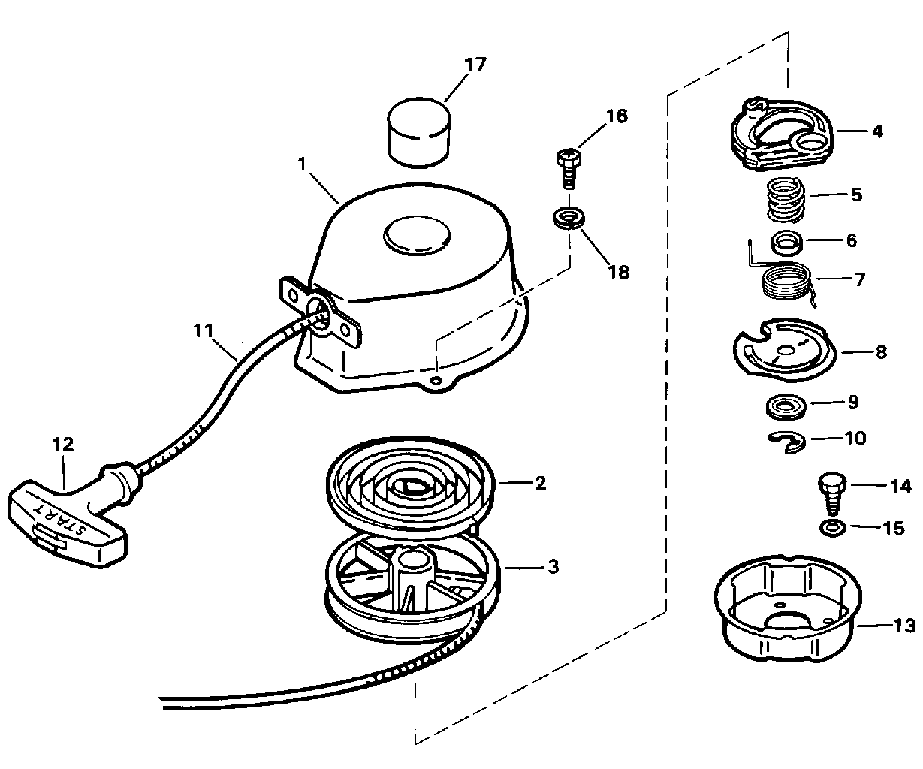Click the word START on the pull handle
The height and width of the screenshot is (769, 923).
point(61,517)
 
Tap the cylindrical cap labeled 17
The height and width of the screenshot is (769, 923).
point(419,132)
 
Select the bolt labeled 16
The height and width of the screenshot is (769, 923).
point(569,169)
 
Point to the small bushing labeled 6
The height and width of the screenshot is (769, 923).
point(787,243)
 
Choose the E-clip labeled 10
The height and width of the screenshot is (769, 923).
point(786,442)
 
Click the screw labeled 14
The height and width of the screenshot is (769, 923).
point(832,493)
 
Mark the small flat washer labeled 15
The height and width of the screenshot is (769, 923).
point(833,528)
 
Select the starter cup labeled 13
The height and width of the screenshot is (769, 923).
point(788,608)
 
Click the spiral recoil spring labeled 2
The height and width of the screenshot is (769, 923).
point(409,488)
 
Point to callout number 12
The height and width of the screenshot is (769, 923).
point(63,444)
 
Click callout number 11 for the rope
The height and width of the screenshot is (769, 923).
point(204,330)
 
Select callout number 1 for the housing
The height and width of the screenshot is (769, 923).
point(303,164)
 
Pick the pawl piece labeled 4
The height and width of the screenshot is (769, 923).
point(782,134)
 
